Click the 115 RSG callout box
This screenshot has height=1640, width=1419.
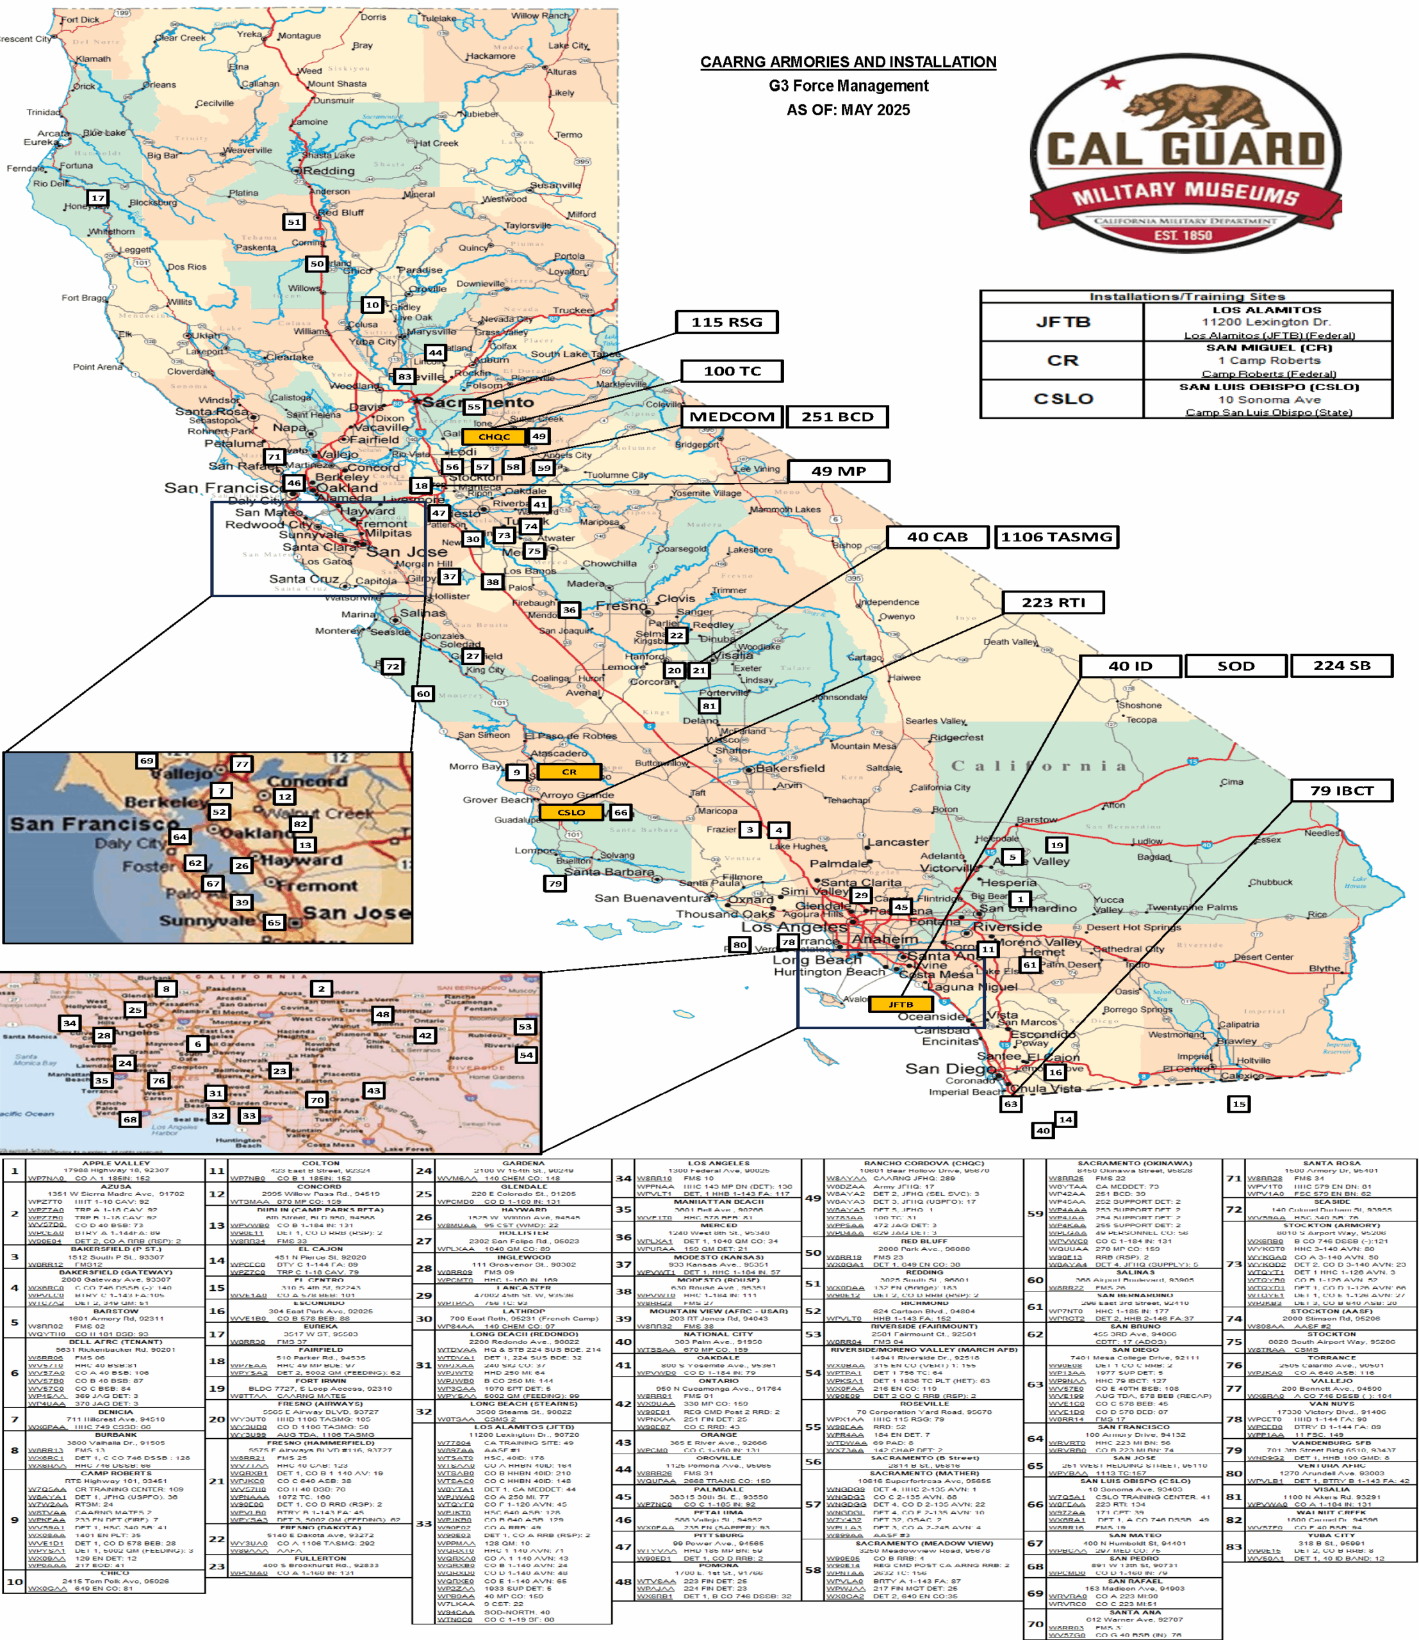pos(726,322)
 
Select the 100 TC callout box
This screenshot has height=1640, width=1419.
pos(732,371)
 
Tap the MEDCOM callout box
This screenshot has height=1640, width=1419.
pos(732,416)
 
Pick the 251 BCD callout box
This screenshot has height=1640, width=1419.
pos(837,416)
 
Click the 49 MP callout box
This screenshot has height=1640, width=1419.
pos(839,471)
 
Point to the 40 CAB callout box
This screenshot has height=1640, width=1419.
pos(937,537)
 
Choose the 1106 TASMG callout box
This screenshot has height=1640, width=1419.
pos(1056,537)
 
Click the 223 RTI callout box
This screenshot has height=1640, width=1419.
pos(1053,603)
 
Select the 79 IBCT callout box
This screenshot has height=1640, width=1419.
pos(1341,791)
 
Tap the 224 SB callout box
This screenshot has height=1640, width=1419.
pos(1341,666)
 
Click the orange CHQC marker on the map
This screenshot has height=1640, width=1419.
pos(494,436)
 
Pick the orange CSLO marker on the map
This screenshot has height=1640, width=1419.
pos(571,812)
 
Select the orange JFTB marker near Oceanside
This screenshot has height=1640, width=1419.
pos(900,1004)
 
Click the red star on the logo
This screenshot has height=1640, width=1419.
pos(1113,83)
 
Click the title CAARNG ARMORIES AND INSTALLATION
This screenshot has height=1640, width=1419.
pos(848,61)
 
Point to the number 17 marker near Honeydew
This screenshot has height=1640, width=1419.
pos(97,198)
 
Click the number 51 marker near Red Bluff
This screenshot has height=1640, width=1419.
pos(294,222)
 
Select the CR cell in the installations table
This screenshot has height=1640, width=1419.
pos(1062,360)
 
